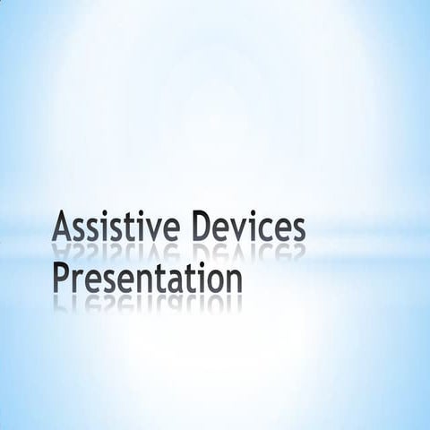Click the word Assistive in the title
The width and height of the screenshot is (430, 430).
coord(111,227)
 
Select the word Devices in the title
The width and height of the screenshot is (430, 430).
coord(243,227)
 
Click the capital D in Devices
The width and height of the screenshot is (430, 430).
coord(193,227)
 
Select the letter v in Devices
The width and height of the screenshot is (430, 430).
coord(233,230)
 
